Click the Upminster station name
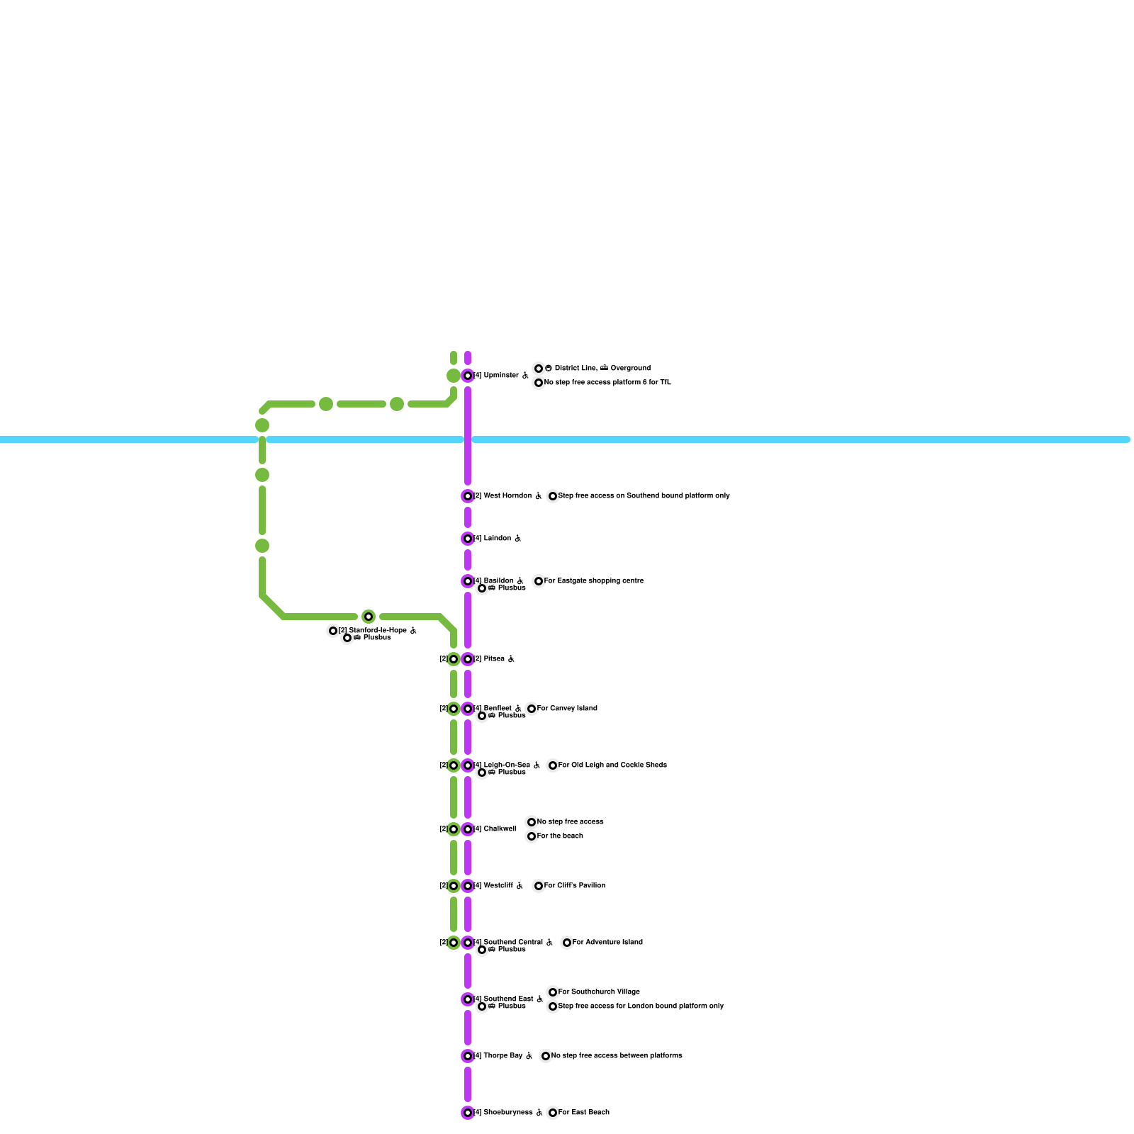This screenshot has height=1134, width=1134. coord(501,376)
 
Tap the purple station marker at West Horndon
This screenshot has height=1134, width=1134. coord(468,496)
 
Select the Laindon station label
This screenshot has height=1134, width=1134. coord(497,539)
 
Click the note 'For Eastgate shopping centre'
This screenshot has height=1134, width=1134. coord(594,581)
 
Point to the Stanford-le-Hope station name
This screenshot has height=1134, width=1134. coord(378,631)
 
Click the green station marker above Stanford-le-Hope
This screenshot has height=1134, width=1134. coord(369,617)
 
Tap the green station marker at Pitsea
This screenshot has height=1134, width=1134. coord(454,659)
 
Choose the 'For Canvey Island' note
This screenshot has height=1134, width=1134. coord(567,709)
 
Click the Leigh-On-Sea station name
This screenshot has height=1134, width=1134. coord(507,765)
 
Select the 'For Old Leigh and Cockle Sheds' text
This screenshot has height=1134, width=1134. coord(612,765)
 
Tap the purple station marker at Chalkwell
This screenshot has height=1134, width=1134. coord(468,829)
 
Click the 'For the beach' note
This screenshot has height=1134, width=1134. coord(560,836)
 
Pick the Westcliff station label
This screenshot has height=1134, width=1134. coord(498,886)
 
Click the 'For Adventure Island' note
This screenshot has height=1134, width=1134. coord(607,943)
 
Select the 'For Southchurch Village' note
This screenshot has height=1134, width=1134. coord(599,992)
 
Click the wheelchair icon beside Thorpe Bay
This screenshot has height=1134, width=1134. coord(529,1056)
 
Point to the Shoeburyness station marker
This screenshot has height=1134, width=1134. coord(468,1113)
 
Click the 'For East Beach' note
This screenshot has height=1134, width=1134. coord(584,1113)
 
